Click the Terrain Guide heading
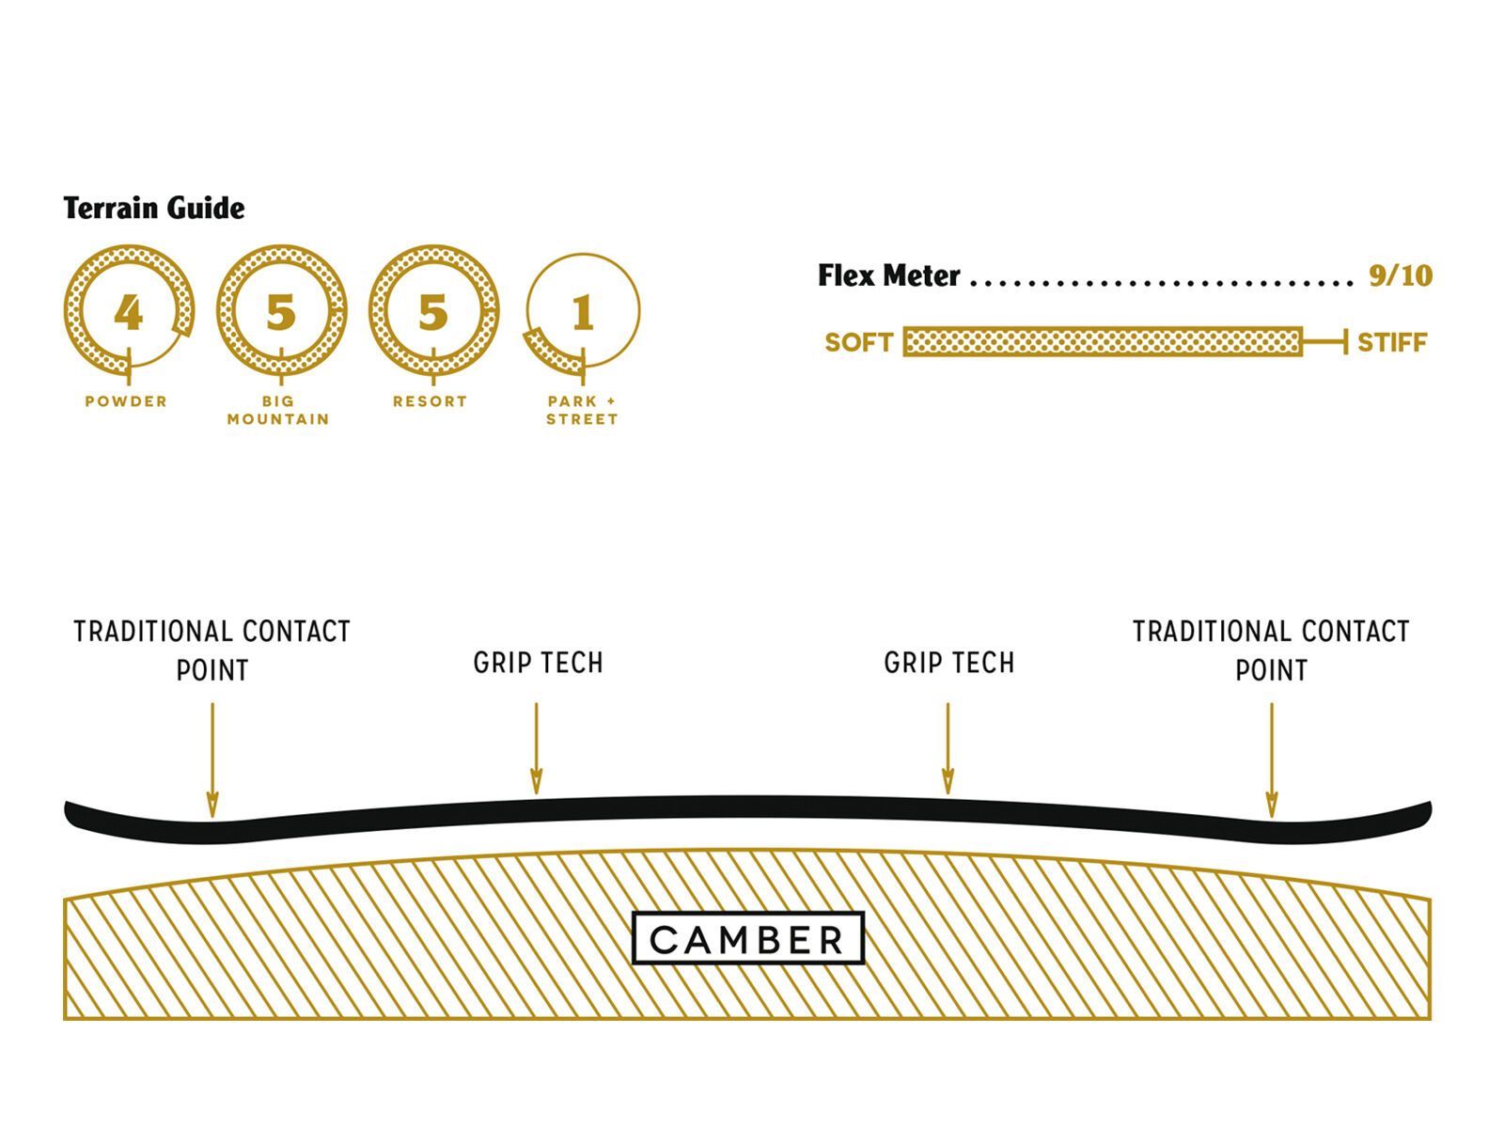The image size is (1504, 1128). click(x=154, y=208)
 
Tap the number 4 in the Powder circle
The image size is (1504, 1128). click(x=129, y=312)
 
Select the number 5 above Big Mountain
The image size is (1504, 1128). click(x=280, y=312)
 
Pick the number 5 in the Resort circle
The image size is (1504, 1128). click(x=432, y=312)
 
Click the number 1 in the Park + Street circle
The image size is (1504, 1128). click(x=583, y=312)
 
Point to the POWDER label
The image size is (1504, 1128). click(x=126, y=401)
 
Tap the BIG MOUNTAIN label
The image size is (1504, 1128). click(x=278, y=410)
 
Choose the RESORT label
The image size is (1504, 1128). click(x=430, y=401)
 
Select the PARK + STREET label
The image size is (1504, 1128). click(x=582, y=410)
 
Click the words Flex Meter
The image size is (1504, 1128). click(x=888, y=275)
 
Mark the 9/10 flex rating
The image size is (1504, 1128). click(x=1400, y=275)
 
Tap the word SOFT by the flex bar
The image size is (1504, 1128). click(x=858, y=342)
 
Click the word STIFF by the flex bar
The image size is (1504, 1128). click(x=1392, y=342)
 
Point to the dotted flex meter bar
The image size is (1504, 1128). click(x=1102, y=342)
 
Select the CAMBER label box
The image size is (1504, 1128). click(x=748, y=938)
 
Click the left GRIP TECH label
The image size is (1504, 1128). click(x=538, y=663)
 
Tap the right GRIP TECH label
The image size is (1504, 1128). click(x=948, y=663)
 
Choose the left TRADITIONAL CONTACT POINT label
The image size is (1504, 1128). click(x=212, y=650)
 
